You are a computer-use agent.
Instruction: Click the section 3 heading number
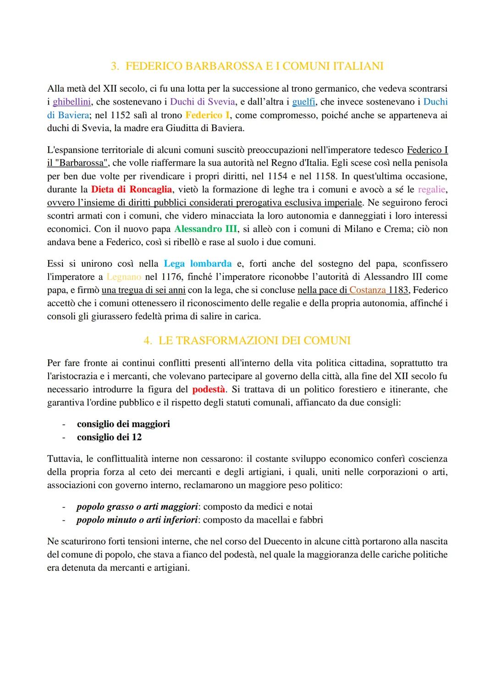[x=115, y=66]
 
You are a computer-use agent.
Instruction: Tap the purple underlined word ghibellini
[x=71, y=102]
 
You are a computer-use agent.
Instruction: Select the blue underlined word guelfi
[x=303, y=102]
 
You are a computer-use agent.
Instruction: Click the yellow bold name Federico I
[x=207, y=115]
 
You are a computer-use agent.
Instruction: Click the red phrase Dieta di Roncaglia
[x=132, y=189]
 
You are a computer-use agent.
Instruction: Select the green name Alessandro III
[x=205, y=229]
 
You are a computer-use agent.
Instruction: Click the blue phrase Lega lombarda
[x=198, y=264]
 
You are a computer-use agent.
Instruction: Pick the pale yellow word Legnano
[x=123, y=277]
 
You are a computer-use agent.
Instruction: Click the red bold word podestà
[x=209, y=390]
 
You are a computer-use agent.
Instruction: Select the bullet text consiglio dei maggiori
[x=123, y=424]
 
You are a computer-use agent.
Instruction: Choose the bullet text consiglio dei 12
[x=109, y=437]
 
